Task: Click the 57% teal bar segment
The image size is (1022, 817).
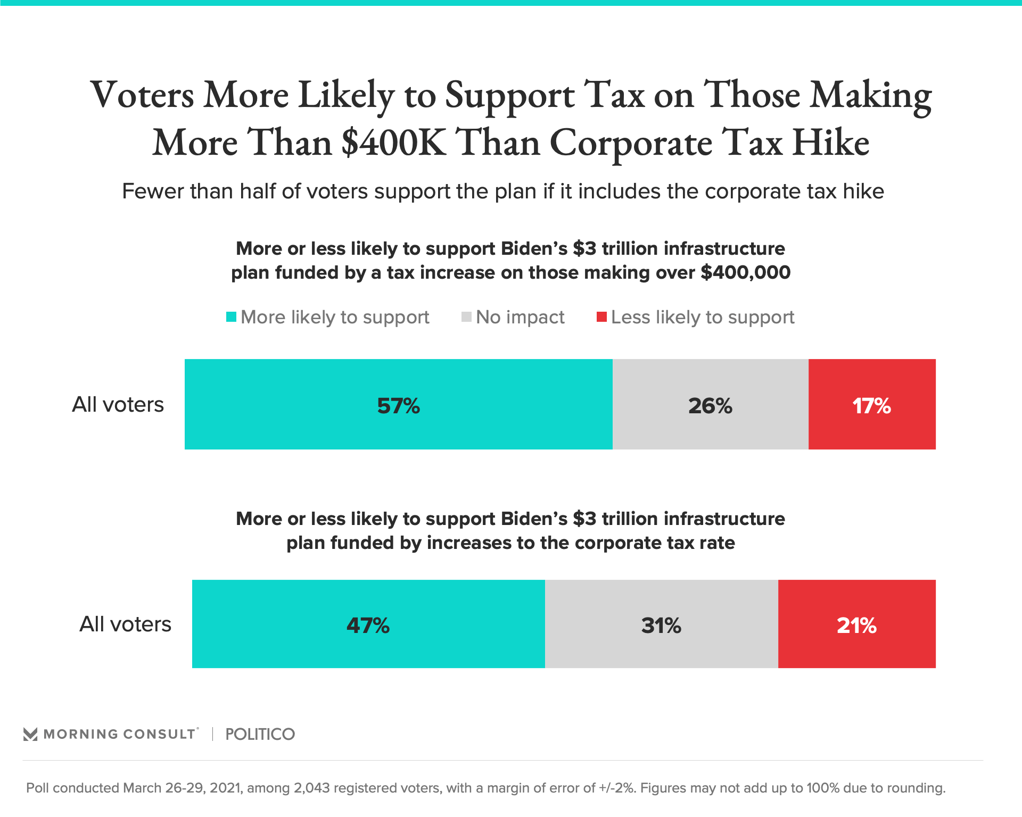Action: click(398, 404)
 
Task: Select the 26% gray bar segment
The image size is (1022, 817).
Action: click(710, 404)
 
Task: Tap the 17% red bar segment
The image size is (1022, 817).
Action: click(872, 404)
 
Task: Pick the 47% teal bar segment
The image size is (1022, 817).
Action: click(368, 624)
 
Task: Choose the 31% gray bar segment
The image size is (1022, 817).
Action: click(661, 624)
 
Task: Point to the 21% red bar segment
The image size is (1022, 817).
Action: click(856, 624)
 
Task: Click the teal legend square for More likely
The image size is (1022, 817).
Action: click(231, 317)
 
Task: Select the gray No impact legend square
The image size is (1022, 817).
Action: click(466, 317)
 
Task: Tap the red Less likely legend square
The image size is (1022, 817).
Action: click(601, 317)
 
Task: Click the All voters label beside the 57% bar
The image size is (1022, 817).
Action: click(118, 404)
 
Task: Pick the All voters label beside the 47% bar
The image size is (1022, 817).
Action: click(125, 624)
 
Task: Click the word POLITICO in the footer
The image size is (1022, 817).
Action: click(260, 734)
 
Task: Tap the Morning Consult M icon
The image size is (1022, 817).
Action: click(30, 734)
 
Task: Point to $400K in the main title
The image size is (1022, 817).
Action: click(393, 143)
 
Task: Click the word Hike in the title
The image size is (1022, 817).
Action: click(830, 143)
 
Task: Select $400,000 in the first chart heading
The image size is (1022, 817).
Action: click(745, 272)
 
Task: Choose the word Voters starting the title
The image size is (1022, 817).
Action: click(142, 95)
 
